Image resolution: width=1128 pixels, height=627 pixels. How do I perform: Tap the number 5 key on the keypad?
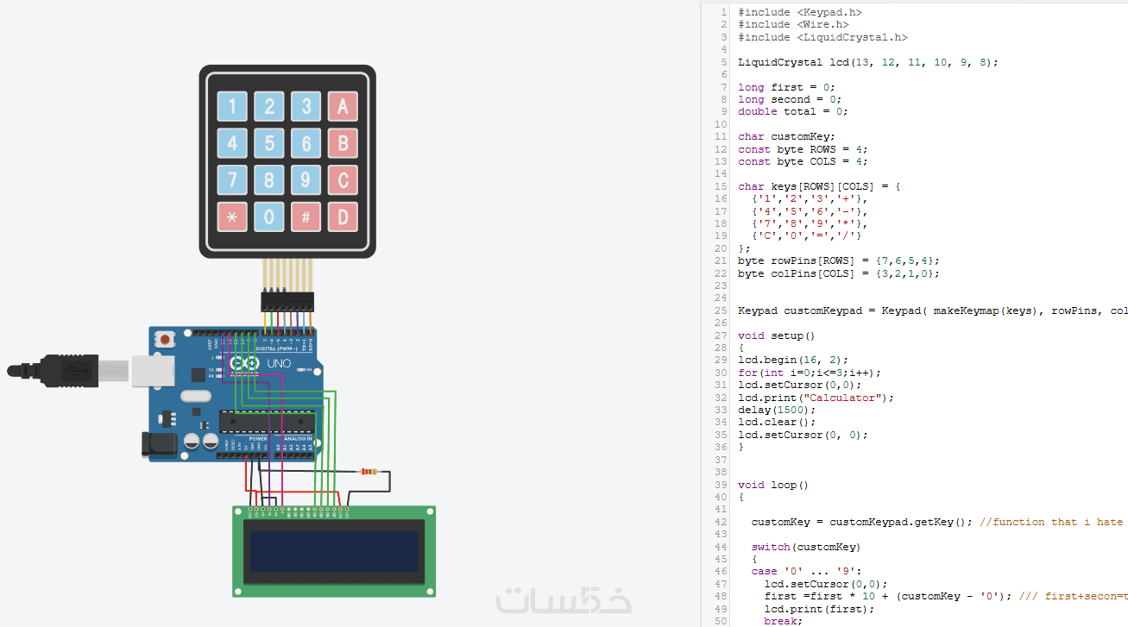point(269,143)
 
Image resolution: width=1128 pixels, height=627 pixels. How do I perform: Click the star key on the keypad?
point(232,216)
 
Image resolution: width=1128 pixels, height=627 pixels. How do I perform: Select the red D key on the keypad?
point(343,216)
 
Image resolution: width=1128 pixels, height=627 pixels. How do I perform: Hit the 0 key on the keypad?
point(269,216)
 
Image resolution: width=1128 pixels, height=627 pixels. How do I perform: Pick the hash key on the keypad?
point(306,216)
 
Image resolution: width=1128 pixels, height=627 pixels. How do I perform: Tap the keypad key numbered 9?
point(306,180)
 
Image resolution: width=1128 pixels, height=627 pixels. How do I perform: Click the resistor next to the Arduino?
point(369,472)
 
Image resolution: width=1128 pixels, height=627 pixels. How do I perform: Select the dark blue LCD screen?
point(334,551)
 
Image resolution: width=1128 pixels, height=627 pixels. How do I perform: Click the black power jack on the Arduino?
point(160,443)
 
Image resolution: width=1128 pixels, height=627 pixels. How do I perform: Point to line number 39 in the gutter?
point(722,485)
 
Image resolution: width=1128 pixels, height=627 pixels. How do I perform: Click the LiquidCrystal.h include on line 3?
point(852,37)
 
